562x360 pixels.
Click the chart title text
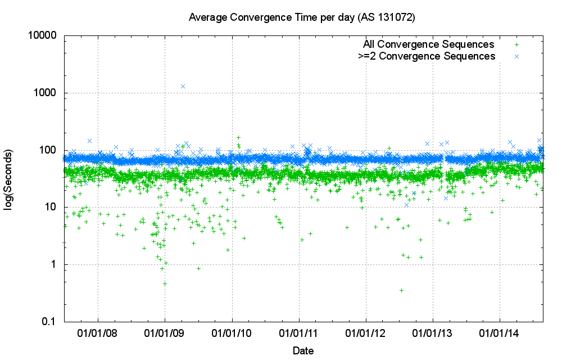click(302, 17)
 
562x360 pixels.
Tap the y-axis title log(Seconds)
click(10, 180)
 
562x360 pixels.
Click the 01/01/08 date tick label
click(98, 333)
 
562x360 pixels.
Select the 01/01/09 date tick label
click(165, 333)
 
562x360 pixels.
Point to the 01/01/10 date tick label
click(232, 333)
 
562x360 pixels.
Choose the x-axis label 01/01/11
click(299, 333)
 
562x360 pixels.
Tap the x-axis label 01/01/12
click(366, 333)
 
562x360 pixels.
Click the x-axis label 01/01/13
click(433, 333)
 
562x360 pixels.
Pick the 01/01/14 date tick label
click(500, 333)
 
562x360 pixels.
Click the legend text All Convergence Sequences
click(428, 44)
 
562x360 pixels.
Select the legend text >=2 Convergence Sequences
click(427, 56)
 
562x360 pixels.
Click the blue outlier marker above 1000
click(183, 86)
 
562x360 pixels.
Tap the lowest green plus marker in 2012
click(401, 290)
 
